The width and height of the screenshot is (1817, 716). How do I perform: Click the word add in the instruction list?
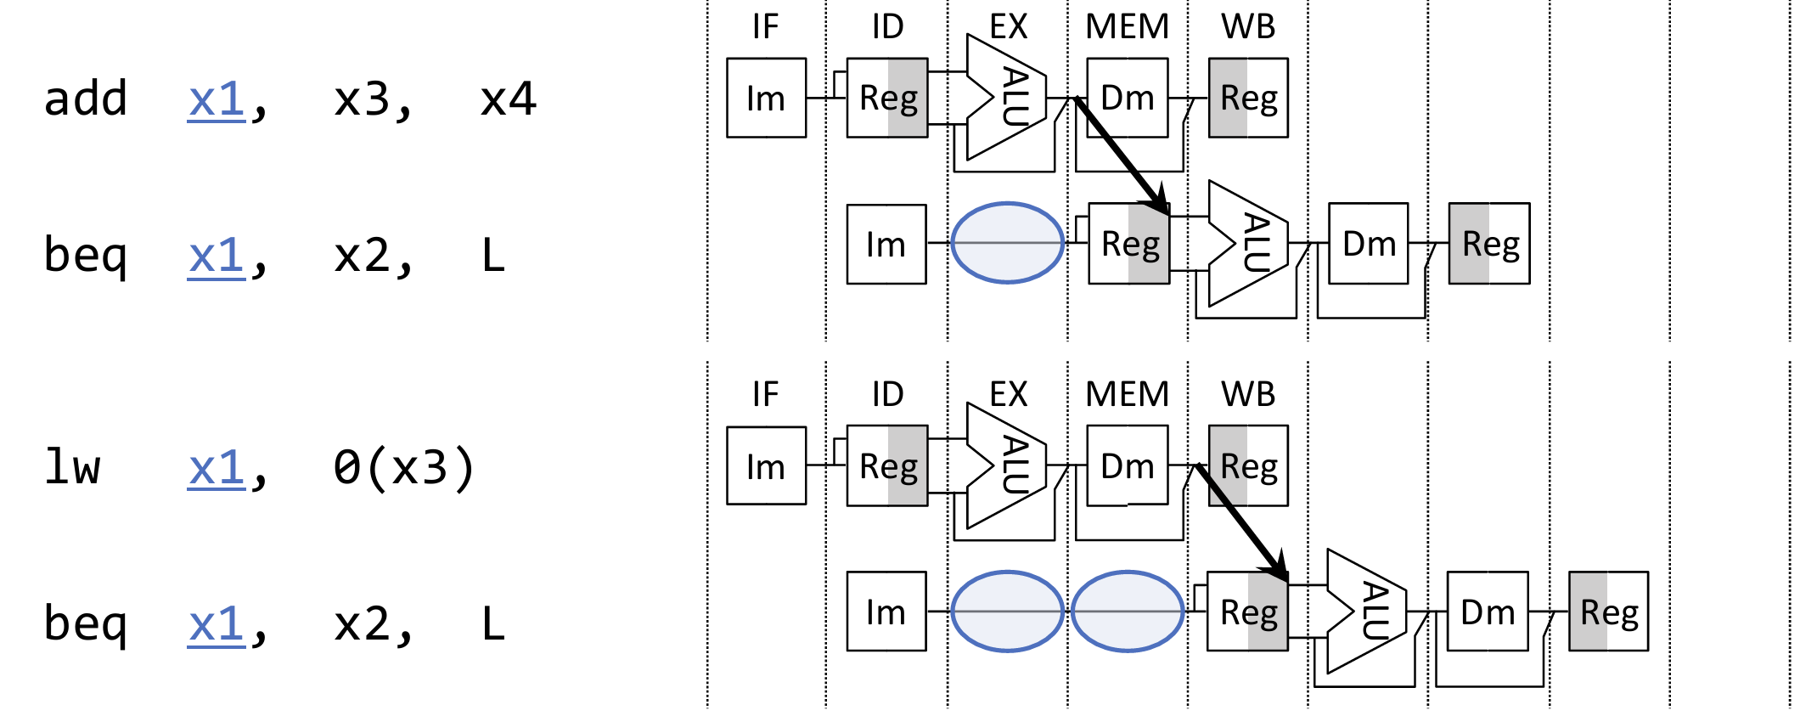click(86, 99)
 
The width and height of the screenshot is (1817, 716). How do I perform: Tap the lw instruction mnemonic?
click(73, 467)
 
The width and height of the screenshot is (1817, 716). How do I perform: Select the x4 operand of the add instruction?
click(508, 99)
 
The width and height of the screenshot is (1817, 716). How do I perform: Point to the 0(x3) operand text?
click(403, 467)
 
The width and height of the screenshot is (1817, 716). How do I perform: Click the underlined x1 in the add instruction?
click(217, 100)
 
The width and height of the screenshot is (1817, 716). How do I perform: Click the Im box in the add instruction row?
click(766, 99)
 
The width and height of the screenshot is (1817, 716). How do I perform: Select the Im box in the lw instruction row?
click(766, 466)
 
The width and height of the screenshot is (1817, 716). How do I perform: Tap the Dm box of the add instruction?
click(1127, 98)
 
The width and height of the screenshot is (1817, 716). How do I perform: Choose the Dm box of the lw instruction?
click(1127, 466)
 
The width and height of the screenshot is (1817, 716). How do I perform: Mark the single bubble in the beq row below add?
click(1007, 243)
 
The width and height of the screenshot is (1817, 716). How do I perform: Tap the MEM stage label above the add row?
click(1127, 27)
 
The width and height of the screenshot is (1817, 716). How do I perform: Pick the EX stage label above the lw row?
click(1008, 394)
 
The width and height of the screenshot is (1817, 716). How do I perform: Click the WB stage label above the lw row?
click(1247, 394)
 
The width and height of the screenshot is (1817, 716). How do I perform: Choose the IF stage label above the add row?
click(765, 27)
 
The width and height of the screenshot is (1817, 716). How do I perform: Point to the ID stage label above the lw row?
click(887, 394)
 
